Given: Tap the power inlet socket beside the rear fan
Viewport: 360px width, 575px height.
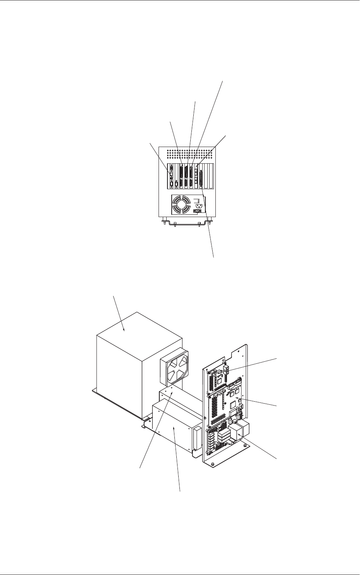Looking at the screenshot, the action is point(198,206).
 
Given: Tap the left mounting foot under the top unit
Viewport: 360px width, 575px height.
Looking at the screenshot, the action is point(165,222).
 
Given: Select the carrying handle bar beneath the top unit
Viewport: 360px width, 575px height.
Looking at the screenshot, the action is point(188,224).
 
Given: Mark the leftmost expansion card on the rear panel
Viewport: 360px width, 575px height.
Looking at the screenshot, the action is point(171,176).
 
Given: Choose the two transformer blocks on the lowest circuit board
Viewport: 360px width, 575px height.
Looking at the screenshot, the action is point(240,430).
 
